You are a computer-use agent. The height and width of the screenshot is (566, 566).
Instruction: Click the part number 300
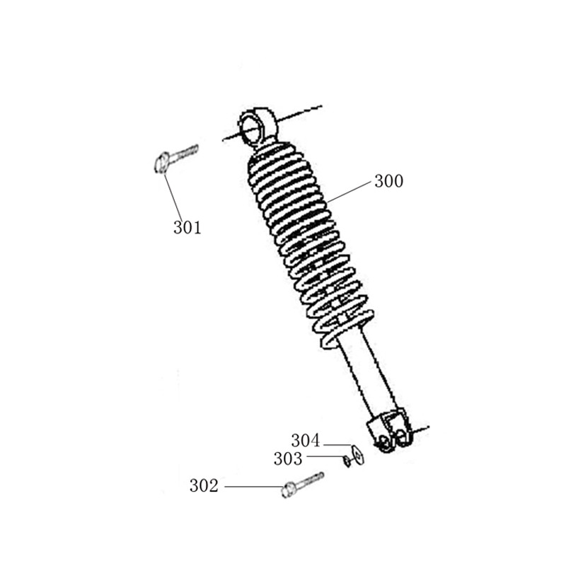(388, 181)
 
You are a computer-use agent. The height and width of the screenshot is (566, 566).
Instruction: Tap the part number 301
(187, 227)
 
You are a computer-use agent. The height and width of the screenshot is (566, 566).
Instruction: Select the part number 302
(204, 486)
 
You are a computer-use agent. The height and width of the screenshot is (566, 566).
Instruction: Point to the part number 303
(288, 458)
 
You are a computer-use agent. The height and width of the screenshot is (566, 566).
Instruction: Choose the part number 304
(306, 441)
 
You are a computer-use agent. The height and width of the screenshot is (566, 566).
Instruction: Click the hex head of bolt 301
(161, 162)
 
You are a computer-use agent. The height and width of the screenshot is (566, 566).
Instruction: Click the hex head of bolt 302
(287, 490)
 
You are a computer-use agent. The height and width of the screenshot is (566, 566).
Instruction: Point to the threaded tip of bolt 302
(320, 475)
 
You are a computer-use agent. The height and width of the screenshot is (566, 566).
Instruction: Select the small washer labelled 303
(347, 461)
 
